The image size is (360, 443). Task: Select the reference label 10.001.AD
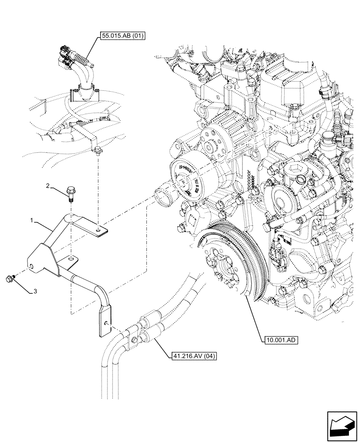pos(281,340)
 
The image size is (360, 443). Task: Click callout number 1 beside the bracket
pos(31,220)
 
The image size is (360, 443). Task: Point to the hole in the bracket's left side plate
pos(32,267)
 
